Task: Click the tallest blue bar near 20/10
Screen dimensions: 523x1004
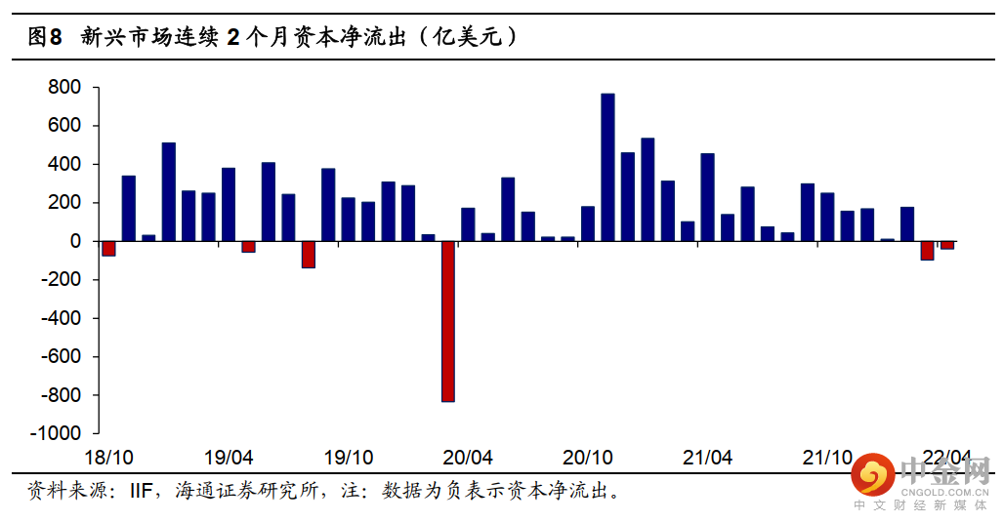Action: (x=607, y=167)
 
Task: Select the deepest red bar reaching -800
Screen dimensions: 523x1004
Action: (x=448, y=321)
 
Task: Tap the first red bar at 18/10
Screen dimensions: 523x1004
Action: (x=108, y=248)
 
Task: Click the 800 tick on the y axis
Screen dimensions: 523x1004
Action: (x=66, y=88)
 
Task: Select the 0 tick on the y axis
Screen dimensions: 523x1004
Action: (x=75, y=241)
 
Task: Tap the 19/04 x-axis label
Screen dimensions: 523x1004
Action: (x=230, y=457)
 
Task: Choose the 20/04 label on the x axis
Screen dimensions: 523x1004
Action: (x=468, y=457)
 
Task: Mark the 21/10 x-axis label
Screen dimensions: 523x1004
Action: (x=826, y=457)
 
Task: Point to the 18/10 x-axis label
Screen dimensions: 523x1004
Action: (x=109, y=457)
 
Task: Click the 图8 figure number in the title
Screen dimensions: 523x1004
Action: (x=45, y=38)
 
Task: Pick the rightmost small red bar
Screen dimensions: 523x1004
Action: (x=947, y=245)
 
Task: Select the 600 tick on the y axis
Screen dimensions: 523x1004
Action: (x=66, y=126)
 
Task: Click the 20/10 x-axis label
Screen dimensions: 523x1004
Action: (x=587, y=457)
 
